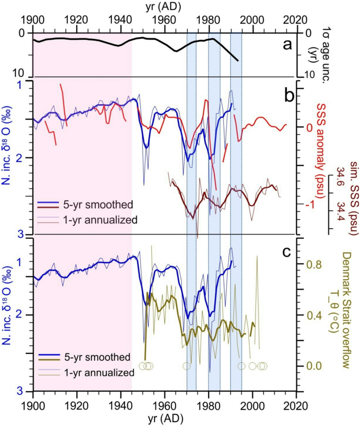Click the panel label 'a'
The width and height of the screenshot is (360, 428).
[287, 45]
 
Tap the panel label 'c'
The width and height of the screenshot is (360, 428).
[287, 251]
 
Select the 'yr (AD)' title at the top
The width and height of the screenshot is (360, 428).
[164, 7]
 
